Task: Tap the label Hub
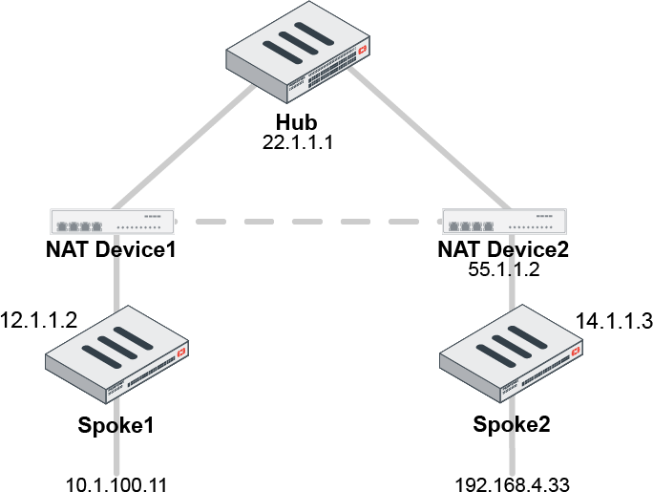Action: coord(296,123)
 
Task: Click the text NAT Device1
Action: coord(113,250)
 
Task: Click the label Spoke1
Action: coord(116,424)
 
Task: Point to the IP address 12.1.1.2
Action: coord(38,317)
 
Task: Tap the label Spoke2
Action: coord(513,424)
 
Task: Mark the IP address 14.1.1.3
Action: coord(614,322)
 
